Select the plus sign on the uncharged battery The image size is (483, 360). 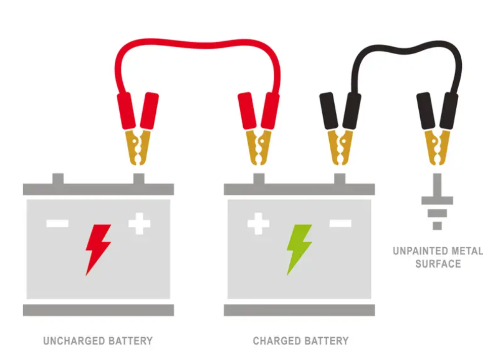[139, 223]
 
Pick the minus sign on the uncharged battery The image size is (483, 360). [57, 223]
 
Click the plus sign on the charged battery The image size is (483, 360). [258, 223]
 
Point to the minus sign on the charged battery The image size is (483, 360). [340, 223]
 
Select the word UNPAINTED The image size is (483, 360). [420, 251]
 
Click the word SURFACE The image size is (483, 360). [438, 264]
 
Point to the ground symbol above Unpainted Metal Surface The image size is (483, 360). [437, 201]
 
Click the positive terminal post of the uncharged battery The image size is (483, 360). [139, 178]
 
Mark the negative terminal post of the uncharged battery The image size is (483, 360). [58, 178]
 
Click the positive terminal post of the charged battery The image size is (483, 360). [259, 178]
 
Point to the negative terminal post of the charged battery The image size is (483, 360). [340, 178]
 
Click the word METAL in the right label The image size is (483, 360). [467, 251]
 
